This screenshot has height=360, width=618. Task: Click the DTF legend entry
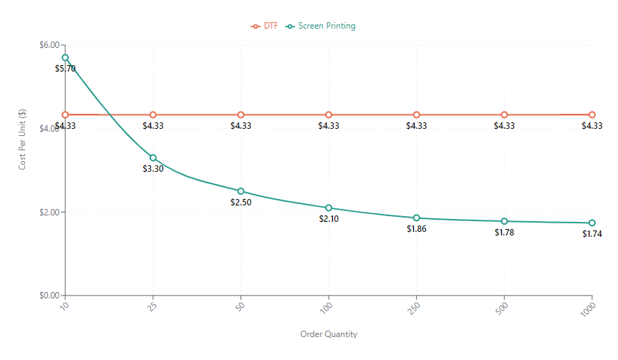264,26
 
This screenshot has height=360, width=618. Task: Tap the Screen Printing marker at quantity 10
65,57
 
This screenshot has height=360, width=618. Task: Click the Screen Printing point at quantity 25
153,157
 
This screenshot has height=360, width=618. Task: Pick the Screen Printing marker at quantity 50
241,191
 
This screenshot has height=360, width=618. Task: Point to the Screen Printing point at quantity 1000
592,223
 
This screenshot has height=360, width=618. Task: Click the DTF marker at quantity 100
329,115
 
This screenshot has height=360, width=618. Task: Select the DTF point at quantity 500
504,115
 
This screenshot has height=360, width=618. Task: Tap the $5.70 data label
65,69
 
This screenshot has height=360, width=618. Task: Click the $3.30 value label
153,169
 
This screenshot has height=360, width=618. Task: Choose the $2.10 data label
329,219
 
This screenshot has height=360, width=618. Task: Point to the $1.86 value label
417,229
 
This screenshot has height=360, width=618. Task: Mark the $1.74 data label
592,234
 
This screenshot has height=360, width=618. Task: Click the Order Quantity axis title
329,334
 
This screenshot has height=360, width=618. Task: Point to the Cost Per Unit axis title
24,140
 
